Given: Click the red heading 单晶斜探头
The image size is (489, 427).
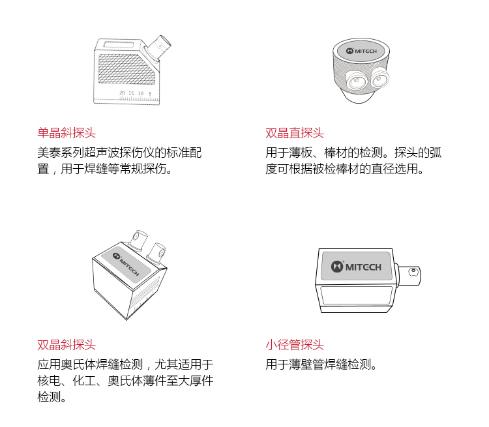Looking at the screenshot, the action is [67, 133].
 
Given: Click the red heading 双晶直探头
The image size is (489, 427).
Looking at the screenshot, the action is [295, 133].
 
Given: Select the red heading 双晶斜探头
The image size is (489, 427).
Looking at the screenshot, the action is [67, 345].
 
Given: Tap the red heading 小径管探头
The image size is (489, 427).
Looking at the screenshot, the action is [295, 345].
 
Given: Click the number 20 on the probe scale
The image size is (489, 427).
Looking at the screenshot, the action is [122, 93].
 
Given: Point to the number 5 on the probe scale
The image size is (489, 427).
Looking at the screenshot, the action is [150, 94].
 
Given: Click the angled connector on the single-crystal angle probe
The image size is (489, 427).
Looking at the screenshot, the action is [158, 48].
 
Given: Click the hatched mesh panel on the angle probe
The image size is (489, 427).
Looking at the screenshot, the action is [126, 69].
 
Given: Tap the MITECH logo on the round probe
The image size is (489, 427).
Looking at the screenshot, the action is [361, 51].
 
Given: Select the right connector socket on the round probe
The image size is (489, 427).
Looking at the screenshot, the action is [380, 78].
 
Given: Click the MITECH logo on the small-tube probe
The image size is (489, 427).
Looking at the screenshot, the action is [356, 267].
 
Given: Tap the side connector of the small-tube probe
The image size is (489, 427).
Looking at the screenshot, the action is [409, 275].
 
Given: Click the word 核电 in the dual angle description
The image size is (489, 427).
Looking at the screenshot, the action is [49, 381].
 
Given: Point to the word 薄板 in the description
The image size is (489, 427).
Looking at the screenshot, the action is [301, 153].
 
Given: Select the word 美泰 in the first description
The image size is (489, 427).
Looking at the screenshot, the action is [49, 153].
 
